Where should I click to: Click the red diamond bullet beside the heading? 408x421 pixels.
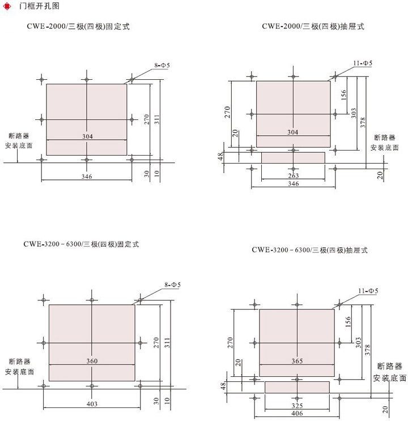click(8, 6)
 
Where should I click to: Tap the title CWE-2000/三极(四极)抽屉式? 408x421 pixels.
click(314, 26)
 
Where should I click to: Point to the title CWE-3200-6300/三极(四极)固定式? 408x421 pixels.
click(81, 244)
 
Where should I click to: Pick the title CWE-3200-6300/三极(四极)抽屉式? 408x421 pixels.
click(310, 250)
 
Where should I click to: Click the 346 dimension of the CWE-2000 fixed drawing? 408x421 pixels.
click(87, 177)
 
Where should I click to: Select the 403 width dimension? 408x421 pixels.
click(92, 403)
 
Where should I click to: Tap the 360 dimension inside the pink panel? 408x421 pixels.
click(92, 361)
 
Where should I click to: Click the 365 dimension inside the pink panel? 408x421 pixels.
click(297, 361)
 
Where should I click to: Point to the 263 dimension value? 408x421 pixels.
click(293, 175)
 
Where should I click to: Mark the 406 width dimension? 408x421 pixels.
click(297, 414)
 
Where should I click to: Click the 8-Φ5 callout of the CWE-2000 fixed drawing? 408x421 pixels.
click(162, 66)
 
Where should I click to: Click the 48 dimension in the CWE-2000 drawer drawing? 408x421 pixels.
click(221, 157)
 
